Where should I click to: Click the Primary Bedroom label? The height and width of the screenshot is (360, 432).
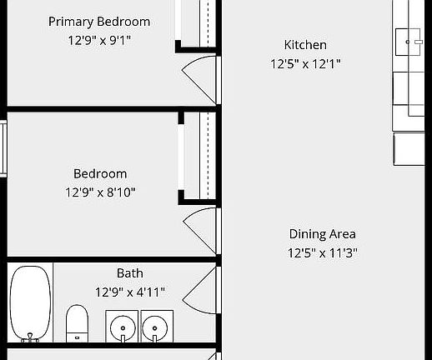(x=99, y=22)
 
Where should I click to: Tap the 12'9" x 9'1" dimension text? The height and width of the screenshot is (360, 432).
(x=99, y=40)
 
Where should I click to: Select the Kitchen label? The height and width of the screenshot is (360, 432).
(x=305, y=45)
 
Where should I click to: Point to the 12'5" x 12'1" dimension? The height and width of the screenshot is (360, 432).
(x=305, y=63)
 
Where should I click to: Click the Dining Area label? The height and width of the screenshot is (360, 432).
(x=323, y=234)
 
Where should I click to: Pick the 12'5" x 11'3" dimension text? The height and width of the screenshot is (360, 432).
(x=323, y=252)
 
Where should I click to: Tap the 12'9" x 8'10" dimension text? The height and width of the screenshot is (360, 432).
(x=100, y=192)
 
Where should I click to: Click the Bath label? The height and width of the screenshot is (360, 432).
(x=130, y=273)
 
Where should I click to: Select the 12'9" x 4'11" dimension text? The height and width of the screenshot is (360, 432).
(x=130, y=292)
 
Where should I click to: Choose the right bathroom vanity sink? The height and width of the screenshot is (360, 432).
(x=157, y=326)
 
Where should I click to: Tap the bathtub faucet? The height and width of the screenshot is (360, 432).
(x=31, y=337)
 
